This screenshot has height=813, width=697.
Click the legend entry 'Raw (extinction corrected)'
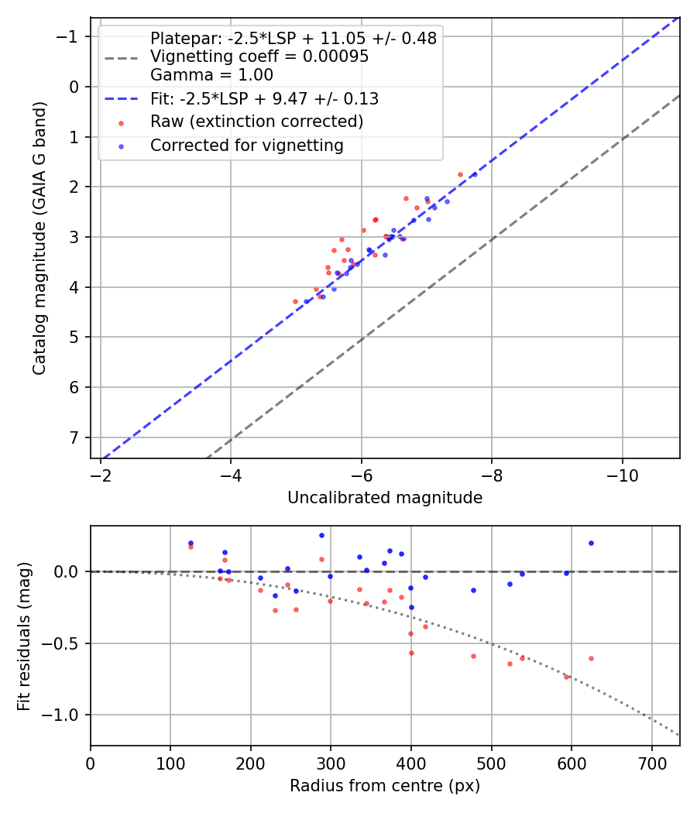coord(256,122)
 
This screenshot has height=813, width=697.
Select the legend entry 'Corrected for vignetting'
coord(246,145)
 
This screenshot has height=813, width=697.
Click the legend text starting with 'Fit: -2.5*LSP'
coord(264,99)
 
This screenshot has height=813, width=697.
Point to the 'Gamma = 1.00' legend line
coord(211,75)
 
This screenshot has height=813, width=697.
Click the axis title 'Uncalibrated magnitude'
coord(385,498)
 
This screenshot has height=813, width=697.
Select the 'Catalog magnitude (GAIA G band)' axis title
coord(39,237)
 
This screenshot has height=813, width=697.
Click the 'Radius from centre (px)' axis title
coord(385,786)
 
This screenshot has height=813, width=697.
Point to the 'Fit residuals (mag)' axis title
coord(24,636)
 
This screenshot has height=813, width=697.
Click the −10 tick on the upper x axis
coord(622,475)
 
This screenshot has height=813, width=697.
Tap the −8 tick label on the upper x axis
coord(492,475)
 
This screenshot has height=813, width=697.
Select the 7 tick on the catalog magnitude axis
coord(75,437)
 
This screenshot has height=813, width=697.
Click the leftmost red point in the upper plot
coord(295,301)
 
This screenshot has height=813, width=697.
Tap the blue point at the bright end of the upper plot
coord(474,175)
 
